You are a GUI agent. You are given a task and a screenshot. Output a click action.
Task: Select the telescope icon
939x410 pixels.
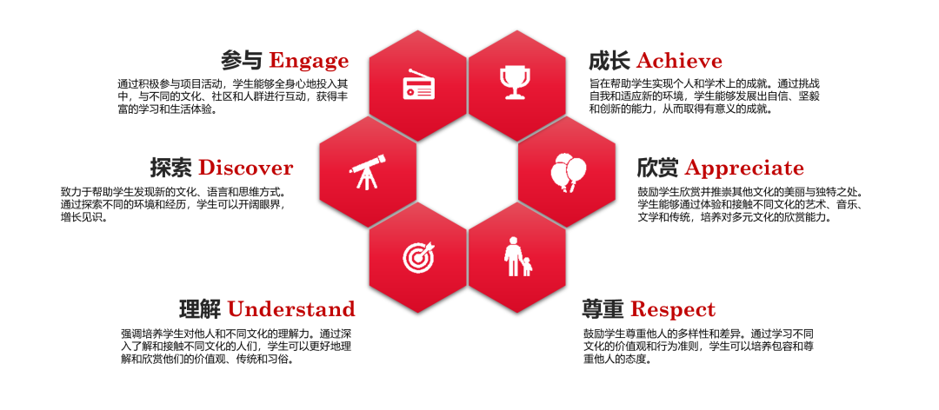[368, 172]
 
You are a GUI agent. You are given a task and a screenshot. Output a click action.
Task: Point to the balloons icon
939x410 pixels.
[567, 172]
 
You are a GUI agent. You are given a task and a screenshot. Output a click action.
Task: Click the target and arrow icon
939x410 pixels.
[418, 257]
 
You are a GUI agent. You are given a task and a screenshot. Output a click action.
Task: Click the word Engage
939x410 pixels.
[309, 61]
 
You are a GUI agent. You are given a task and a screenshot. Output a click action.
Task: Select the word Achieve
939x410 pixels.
[679, 61]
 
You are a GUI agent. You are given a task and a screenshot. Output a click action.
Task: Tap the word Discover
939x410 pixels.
[245, 169]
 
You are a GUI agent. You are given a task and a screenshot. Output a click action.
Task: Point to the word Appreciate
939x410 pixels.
[744, 169]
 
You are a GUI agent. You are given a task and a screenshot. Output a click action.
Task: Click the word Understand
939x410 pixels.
[291, 309]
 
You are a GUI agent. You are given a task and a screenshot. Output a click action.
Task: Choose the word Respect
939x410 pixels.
[672, 310]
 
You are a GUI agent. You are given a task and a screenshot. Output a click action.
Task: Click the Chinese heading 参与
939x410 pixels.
[242, 61]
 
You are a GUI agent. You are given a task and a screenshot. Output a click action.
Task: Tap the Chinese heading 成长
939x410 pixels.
[609, 61]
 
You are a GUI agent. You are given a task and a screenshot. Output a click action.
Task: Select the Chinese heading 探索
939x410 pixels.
[171, 169]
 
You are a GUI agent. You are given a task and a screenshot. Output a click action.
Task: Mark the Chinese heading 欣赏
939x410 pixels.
[657, 169]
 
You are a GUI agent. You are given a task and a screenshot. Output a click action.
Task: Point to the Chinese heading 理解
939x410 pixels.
[201, 309]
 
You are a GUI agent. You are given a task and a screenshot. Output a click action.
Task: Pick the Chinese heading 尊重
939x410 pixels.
[603, 309]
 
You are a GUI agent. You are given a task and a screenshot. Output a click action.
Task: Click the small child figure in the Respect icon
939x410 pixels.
[527, 267]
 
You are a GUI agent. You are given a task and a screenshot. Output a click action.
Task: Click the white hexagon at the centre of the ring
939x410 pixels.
[467, 172]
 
